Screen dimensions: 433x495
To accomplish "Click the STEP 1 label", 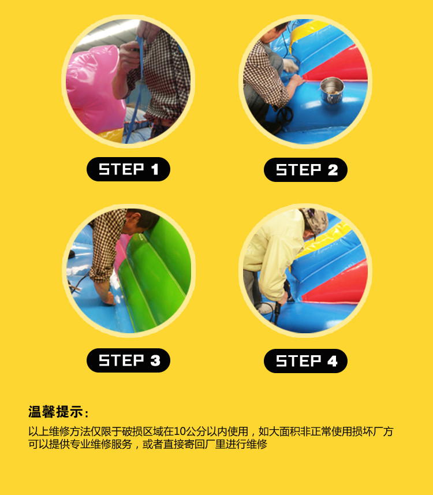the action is (x=128, y=169).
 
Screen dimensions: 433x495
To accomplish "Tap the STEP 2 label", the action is (x=305, y=170).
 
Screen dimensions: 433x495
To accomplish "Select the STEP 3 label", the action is (x=128, y=360).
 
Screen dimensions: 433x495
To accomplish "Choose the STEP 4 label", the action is (x=305, y=361).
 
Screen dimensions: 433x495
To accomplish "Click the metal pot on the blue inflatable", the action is (x=332, y=90).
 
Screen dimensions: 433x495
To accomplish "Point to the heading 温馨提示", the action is (x=55, y=412).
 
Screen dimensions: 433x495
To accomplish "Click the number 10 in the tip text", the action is (x=180, y=431).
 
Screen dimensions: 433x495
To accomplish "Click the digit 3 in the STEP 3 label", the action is (x=155, y=360).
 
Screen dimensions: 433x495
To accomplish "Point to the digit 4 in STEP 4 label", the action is (x=332, y=361).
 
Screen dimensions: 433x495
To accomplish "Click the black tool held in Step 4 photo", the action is (x=278, y=309).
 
